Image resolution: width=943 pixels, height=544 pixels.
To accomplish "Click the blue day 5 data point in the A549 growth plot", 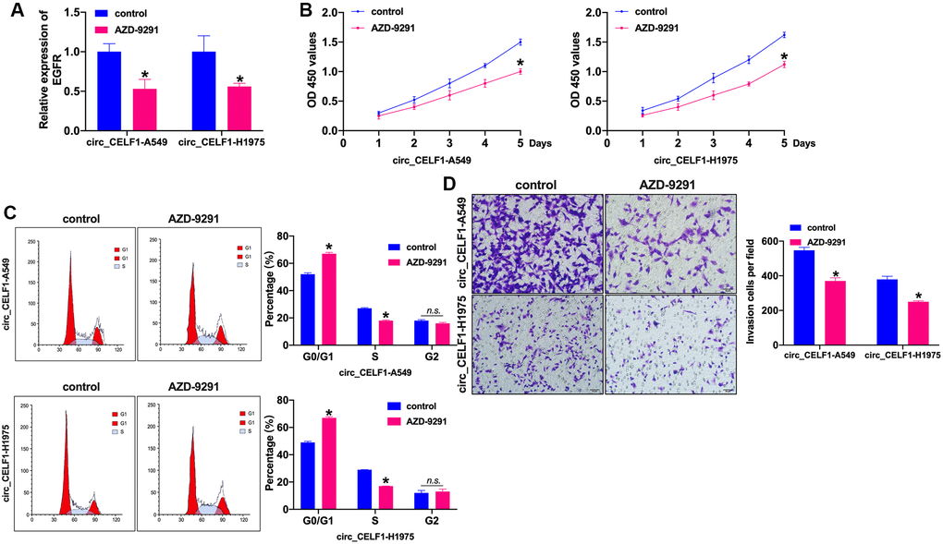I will [x=520, y=42].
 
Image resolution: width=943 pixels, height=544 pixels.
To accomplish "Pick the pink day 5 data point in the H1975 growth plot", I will [x=784, y=64].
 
